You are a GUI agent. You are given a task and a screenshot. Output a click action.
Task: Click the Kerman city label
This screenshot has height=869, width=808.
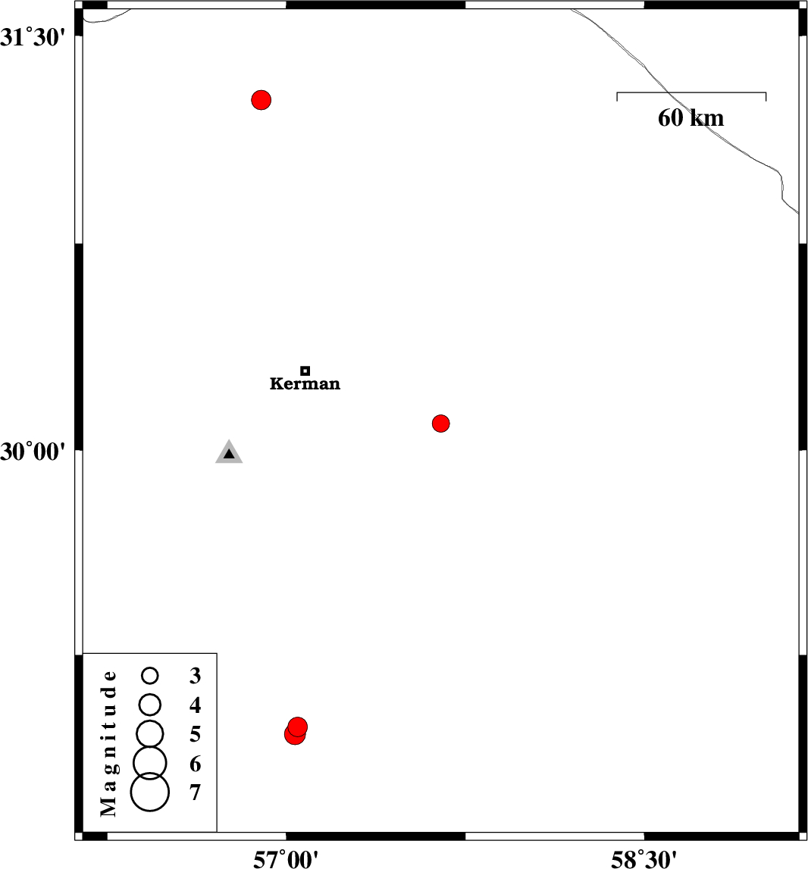tap(305, 383)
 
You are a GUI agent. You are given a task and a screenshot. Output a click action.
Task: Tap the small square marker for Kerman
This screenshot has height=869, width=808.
tap(305, 370)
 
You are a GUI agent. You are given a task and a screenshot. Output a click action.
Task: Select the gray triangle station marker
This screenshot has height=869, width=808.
tap(229, 452)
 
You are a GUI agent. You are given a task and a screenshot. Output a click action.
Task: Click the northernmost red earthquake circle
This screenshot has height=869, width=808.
tap(262, 100)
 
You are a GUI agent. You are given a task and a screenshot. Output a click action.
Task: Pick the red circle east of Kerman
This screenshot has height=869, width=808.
tap(440, 424)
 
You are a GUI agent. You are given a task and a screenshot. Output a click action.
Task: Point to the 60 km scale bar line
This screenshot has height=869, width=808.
tap(691, 92)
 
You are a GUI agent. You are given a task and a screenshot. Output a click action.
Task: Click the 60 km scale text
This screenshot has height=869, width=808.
tap(691, 118)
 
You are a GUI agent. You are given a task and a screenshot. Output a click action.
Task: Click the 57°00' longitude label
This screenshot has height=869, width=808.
tap(286, 859)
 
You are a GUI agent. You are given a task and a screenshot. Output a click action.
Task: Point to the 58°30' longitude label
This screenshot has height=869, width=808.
tap(644, 859)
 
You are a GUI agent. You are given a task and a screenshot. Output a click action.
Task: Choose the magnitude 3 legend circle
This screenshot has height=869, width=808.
tap(150, 676)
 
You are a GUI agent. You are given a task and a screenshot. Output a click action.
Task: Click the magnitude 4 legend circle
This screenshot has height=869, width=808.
tap(150, 705)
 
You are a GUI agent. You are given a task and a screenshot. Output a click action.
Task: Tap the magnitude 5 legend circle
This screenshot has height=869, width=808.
tap(150, 734)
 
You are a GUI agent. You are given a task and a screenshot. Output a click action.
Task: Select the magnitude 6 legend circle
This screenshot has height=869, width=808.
tap(150, 763)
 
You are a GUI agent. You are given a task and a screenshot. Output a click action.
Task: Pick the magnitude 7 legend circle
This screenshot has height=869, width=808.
tap(150, 792)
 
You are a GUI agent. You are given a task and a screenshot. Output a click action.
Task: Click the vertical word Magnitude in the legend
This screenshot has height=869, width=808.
tap(108, 743)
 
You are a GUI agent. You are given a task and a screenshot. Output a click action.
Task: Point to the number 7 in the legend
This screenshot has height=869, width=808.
tap(195, 792)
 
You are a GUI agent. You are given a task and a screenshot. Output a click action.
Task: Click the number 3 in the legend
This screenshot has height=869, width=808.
tap(195, 676)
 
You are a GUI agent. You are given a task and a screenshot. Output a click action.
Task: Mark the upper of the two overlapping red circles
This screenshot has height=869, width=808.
tap(298, 726)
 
